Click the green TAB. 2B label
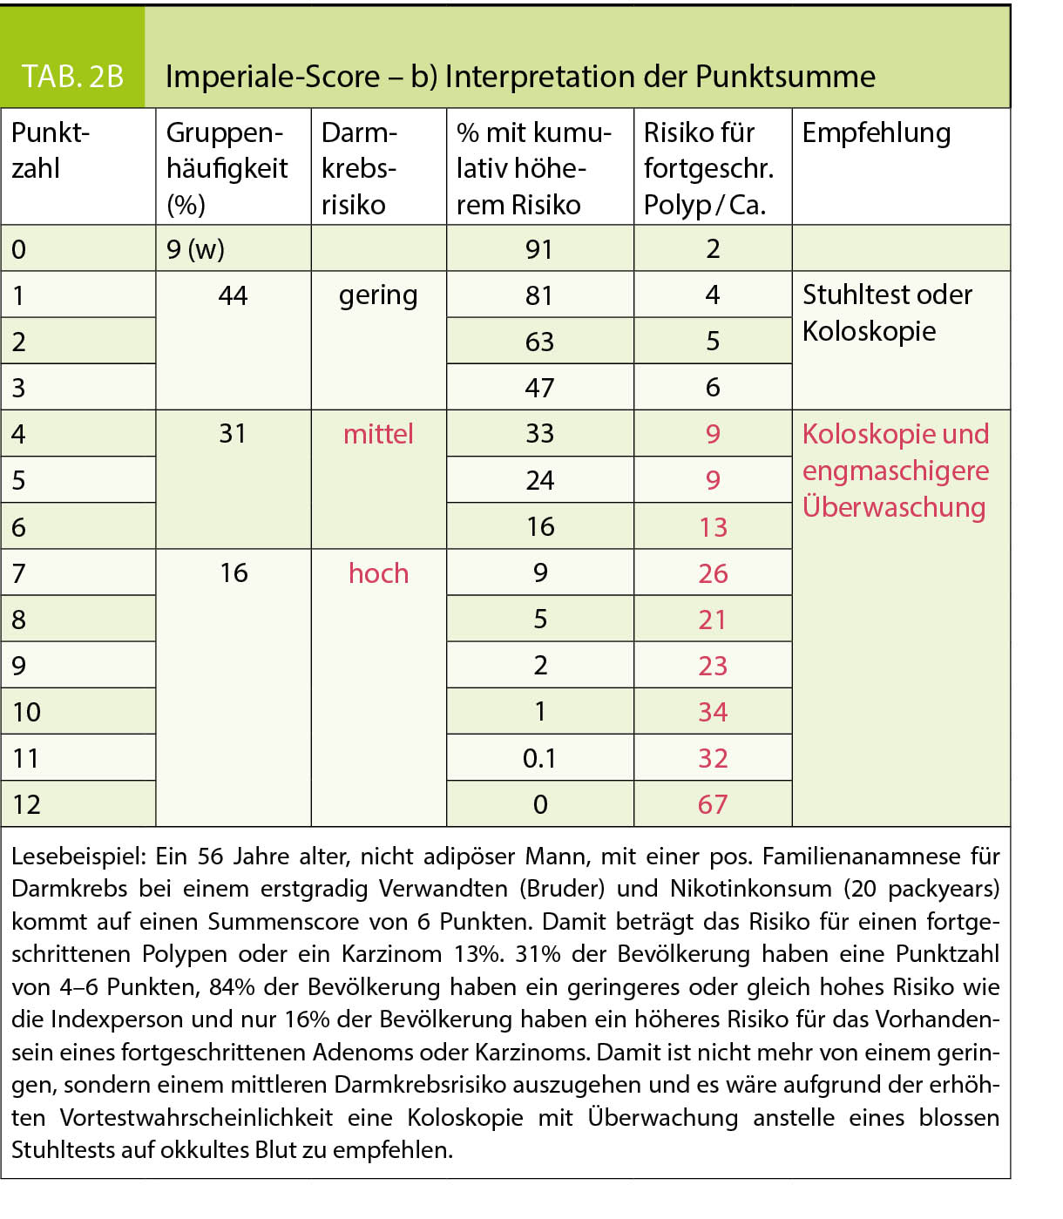click(72, 77)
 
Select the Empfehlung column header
click(876, 133)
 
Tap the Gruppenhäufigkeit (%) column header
click(227, 168)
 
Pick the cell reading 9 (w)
click(195, 250)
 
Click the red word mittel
click(378, 434)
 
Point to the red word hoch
click(378, 573)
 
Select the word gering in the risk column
click(378, 295)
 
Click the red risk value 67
click(713, 804)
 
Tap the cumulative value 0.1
click(539, 758)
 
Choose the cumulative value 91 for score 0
click(539, 250)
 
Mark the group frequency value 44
click(233, 295)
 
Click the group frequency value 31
click(233, 434)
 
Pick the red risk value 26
click(713, 573)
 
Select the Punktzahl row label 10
click(27, 712)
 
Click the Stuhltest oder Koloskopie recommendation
click(886, 313)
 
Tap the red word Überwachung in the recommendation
click(893, 507)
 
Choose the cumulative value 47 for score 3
click(539, 388)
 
